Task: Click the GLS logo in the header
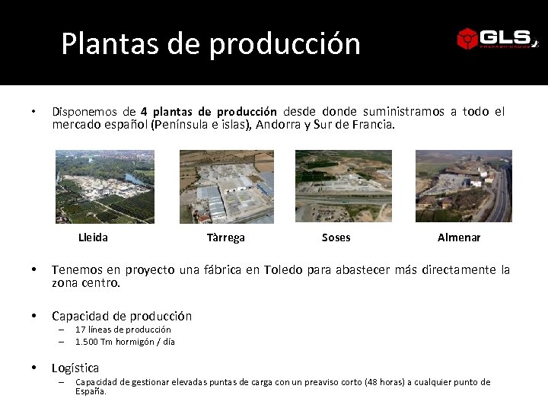[x=496, y=38]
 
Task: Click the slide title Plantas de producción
[x=211, y=43]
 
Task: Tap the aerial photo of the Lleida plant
[x=105, y=186]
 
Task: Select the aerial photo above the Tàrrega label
[x=226, y=186]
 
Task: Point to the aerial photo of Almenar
[x=464, y=186]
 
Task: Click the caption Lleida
[x=93, y=237]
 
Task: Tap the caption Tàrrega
[x=226, y=237]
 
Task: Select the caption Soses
[x=336, y=237]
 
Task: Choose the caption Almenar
[x=459, y=237]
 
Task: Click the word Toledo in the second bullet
[x=283, y=270]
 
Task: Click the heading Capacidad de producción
[x=122, y=316]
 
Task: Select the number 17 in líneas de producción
[x=80, y=330]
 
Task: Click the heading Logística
[x=75, y=368]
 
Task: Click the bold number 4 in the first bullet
[x=144, y=112]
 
